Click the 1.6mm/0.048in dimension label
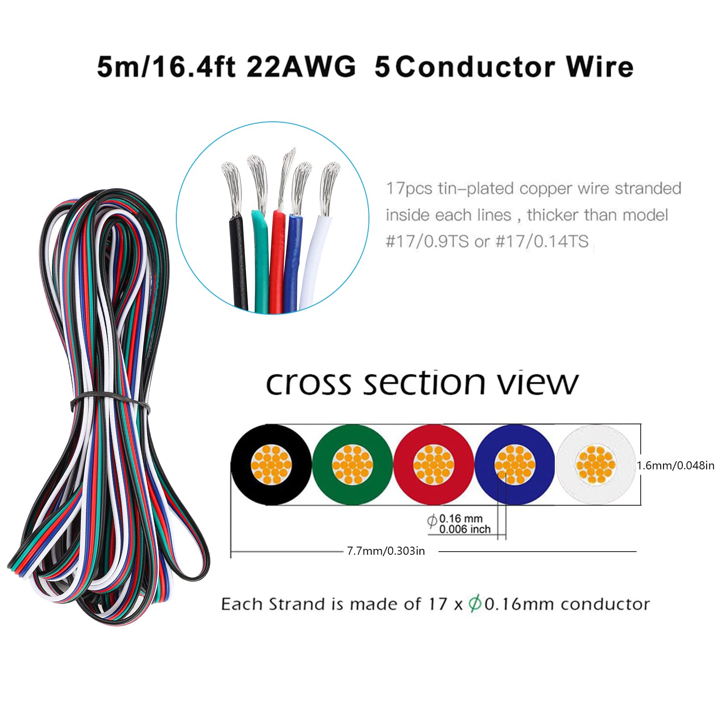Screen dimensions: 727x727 point(675,465)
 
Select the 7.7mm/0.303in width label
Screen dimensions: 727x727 point(386,551)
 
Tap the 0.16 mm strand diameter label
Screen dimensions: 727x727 point(460,518)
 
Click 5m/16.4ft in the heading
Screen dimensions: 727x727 point(166,67)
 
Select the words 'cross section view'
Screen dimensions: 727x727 point(422,383)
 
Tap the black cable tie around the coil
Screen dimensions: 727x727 point(110,402)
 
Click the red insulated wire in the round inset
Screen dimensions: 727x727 point(277,261)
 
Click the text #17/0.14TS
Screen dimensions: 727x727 point(542,241)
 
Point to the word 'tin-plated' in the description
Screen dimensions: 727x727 point(484,189)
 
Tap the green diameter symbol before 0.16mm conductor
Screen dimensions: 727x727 point(475,604)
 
